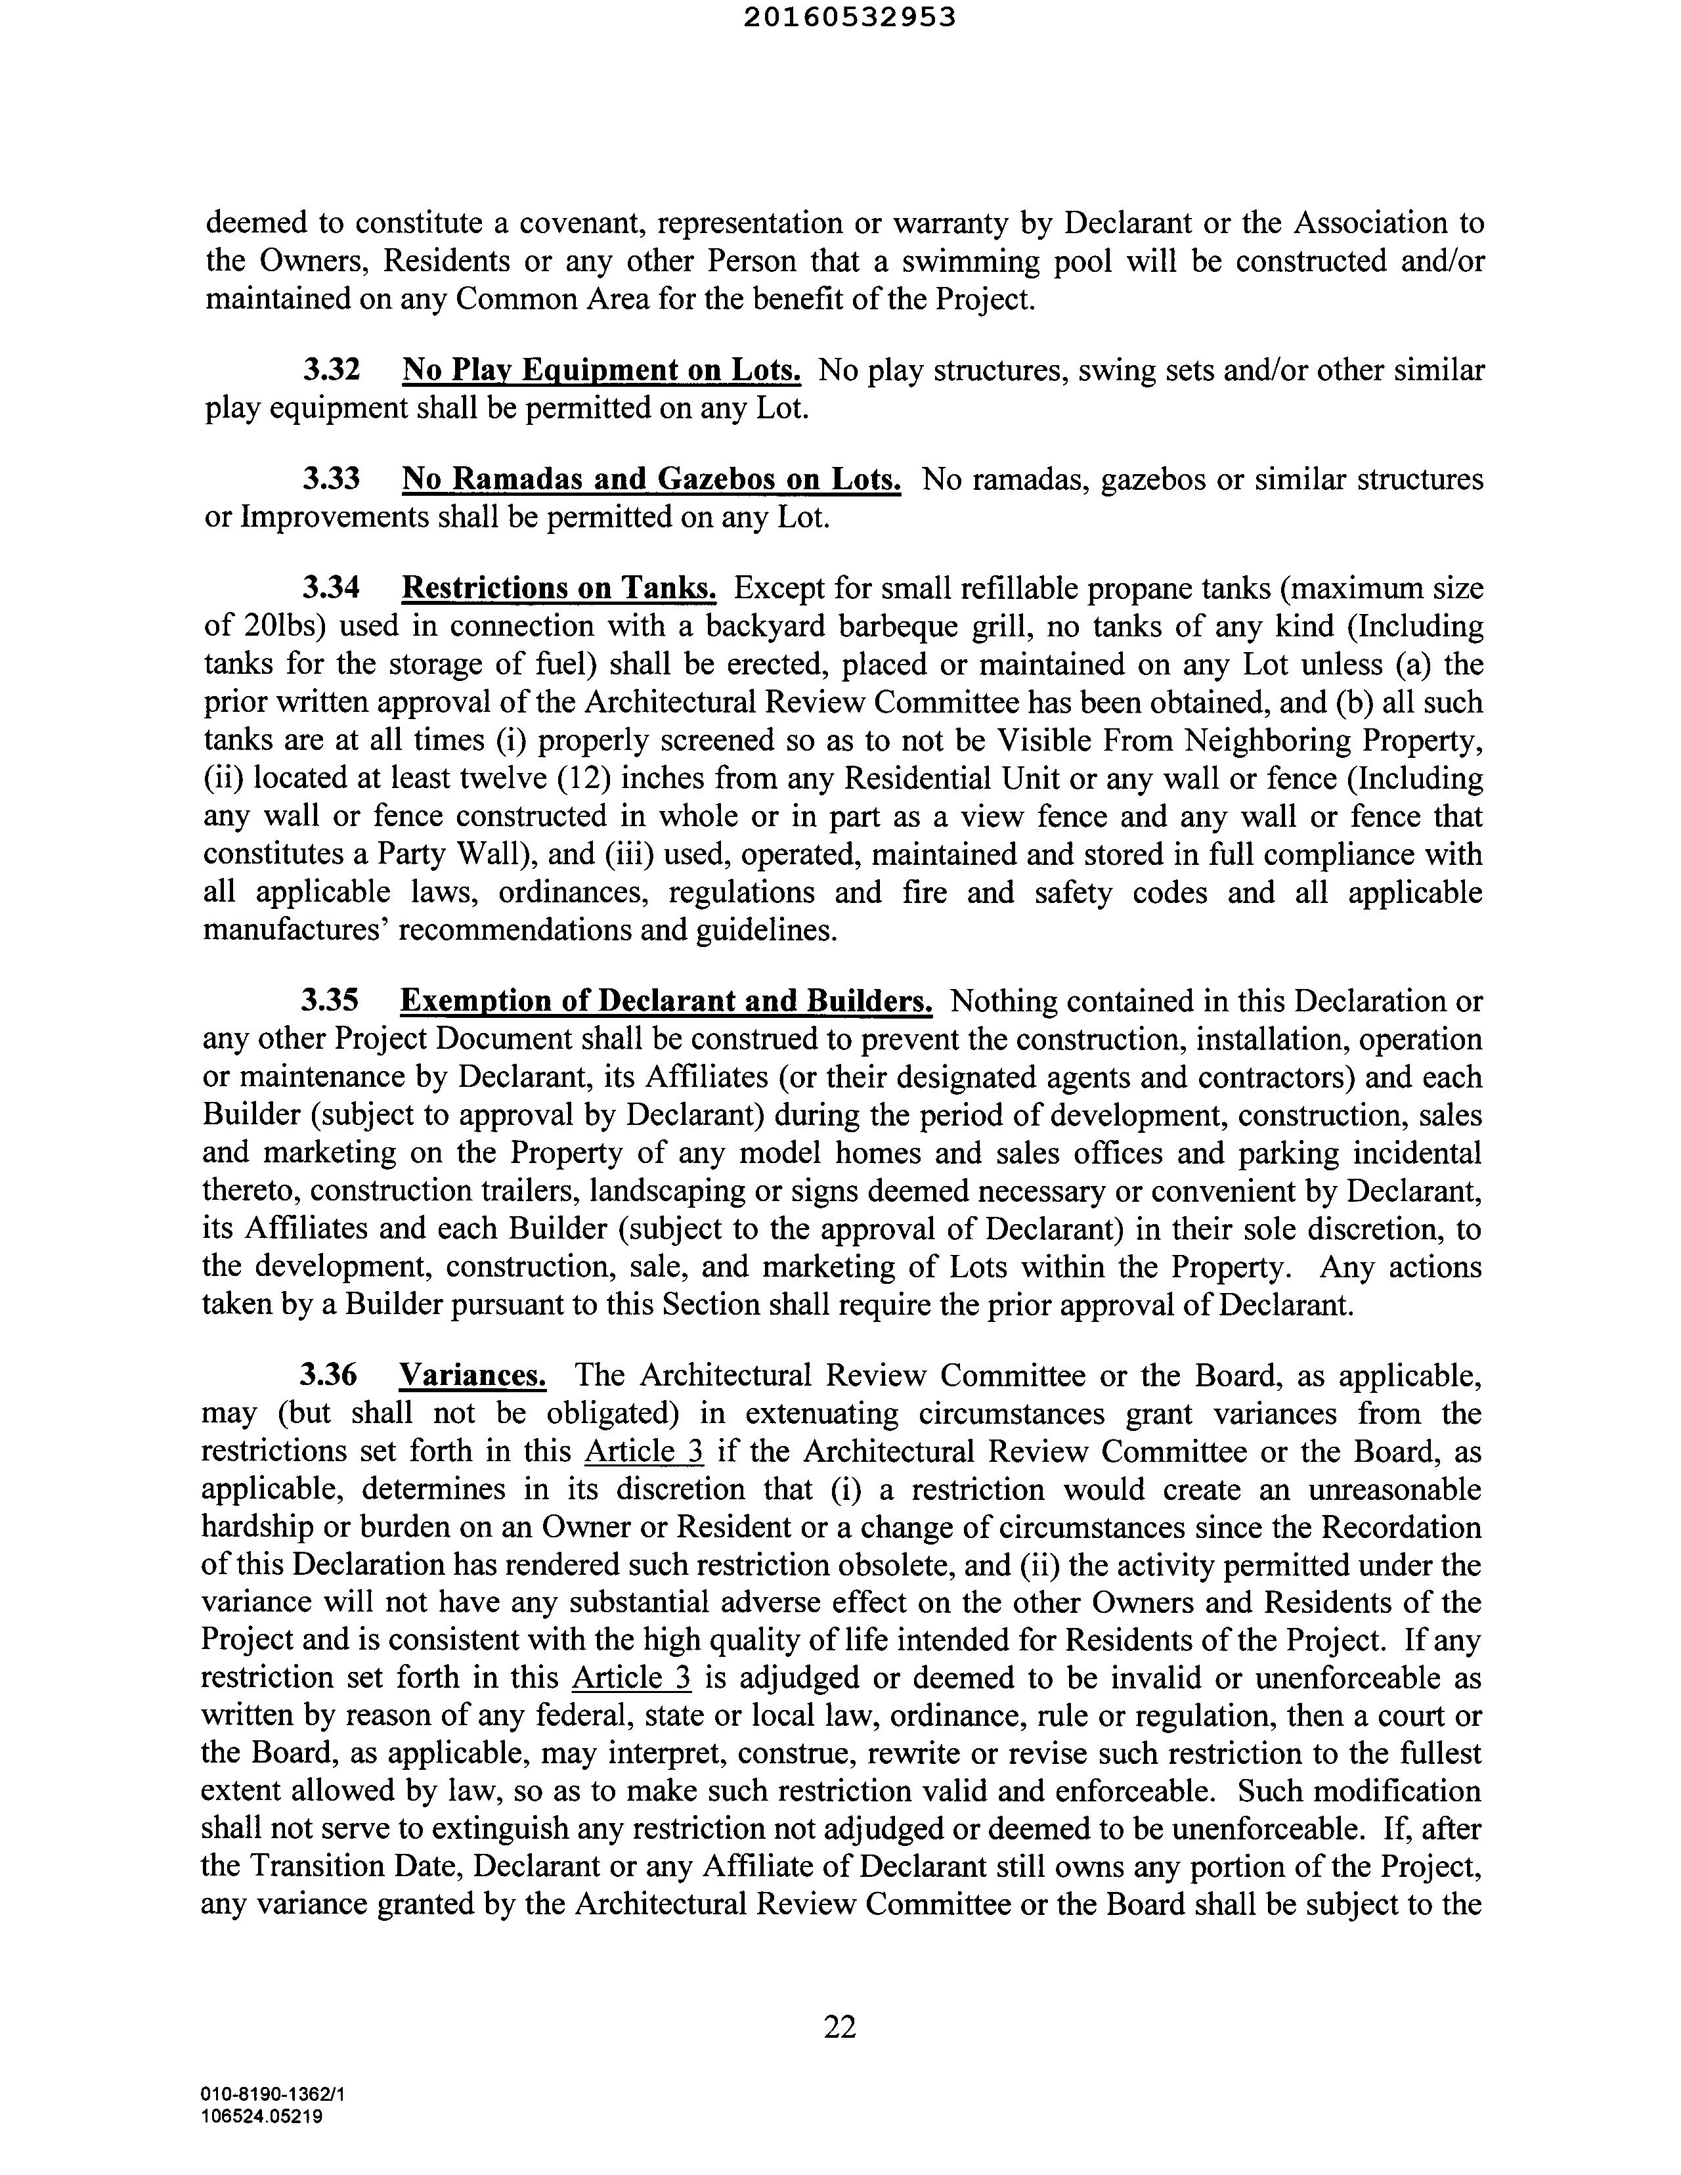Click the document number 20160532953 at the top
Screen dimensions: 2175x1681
[x=850, y=17]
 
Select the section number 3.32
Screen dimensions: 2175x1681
[x=331, y=370]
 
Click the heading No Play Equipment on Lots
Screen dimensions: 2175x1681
[x=601, y=370]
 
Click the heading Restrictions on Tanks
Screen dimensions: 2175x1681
[x=559, y=588]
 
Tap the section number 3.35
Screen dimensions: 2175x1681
[x=330, y=1000]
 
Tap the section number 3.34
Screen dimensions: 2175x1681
[x=331, y=588]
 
